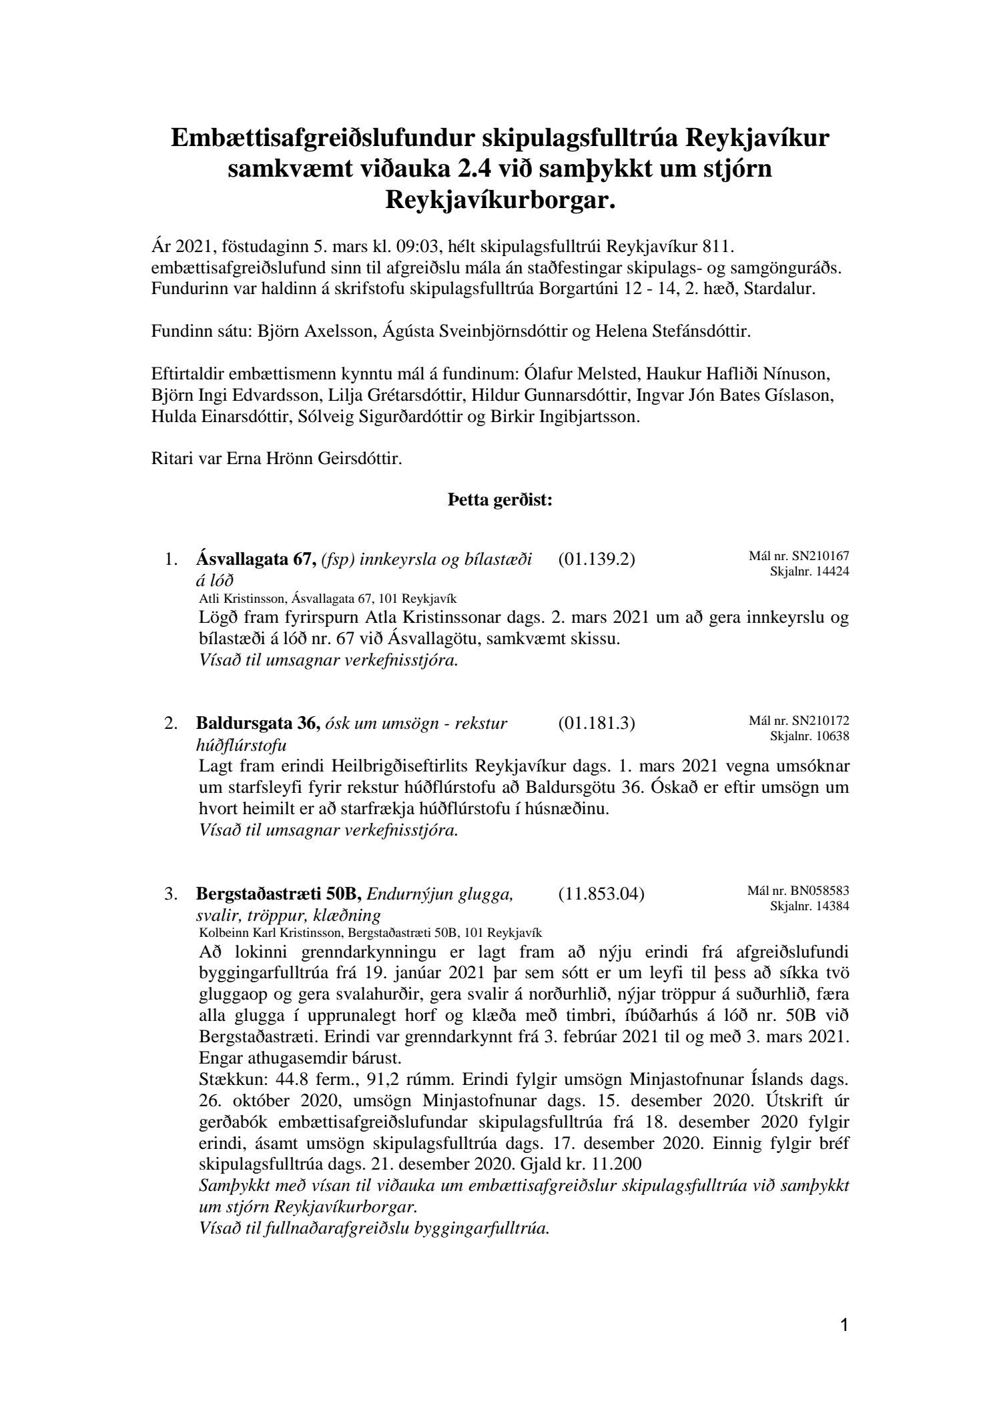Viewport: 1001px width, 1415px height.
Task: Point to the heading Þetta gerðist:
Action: click(500, 500)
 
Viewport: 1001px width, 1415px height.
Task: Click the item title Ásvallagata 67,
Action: click(256, 559)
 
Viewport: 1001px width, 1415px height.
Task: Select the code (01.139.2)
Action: click(596, 559)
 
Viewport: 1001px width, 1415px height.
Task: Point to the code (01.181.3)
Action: click(596, 723)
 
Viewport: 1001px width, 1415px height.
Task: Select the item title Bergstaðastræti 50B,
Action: click(279, 894)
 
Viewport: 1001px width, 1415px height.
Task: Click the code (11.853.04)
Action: click(601, 894)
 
